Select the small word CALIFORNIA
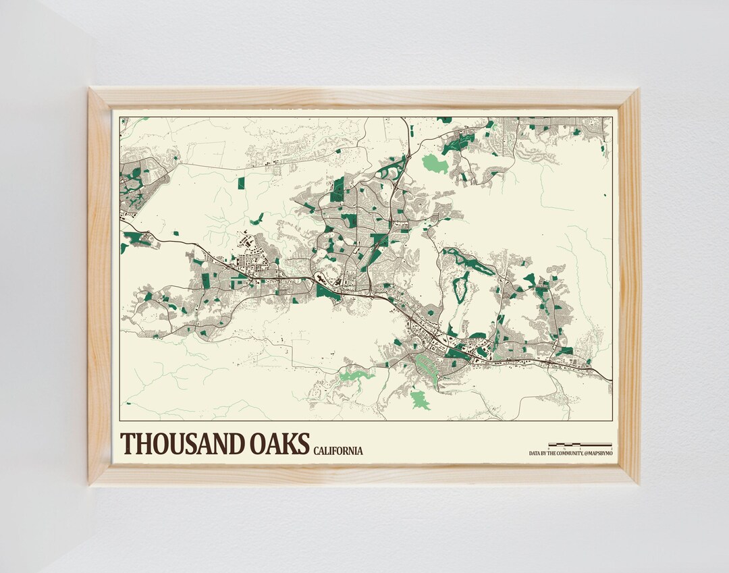click(338, 451)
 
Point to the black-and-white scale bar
click(580, 445)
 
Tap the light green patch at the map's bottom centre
click(420, 399)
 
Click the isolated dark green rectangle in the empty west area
click(241, 183)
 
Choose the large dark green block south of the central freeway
click(327, 291)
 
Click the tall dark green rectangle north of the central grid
click(337, 189)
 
